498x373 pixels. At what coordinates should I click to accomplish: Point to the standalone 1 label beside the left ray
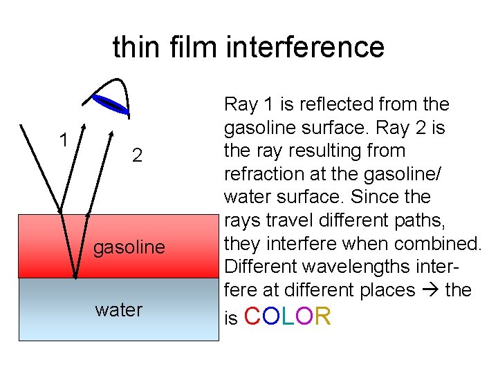(x=63, y=140)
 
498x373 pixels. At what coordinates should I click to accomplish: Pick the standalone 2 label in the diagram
(x=137, y=155)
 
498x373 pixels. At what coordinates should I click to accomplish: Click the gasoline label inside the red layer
(x=129, y=247)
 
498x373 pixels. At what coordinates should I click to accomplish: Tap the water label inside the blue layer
(x=118, y=309)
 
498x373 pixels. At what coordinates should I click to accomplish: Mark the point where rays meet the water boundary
(x=75, y=278)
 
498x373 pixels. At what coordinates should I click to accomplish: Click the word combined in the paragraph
(x=441, y=244)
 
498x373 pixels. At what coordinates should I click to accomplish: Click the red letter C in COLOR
(x=253, y=317)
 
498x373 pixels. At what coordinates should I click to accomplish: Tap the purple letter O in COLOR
(x=304, y=317)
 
